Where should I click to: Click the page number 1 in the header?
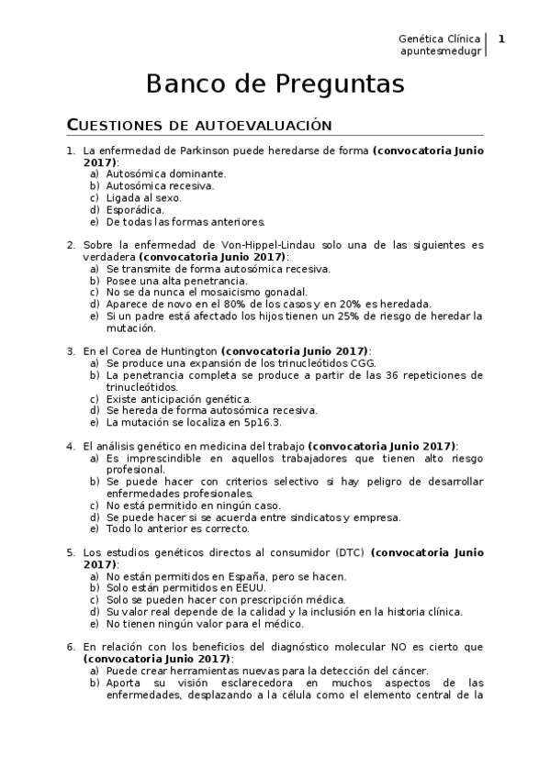501,39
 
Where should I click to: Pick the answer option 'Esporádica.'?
136,209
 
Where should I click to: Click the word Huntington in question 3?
187,350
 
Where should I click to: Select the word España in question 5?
242,576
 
